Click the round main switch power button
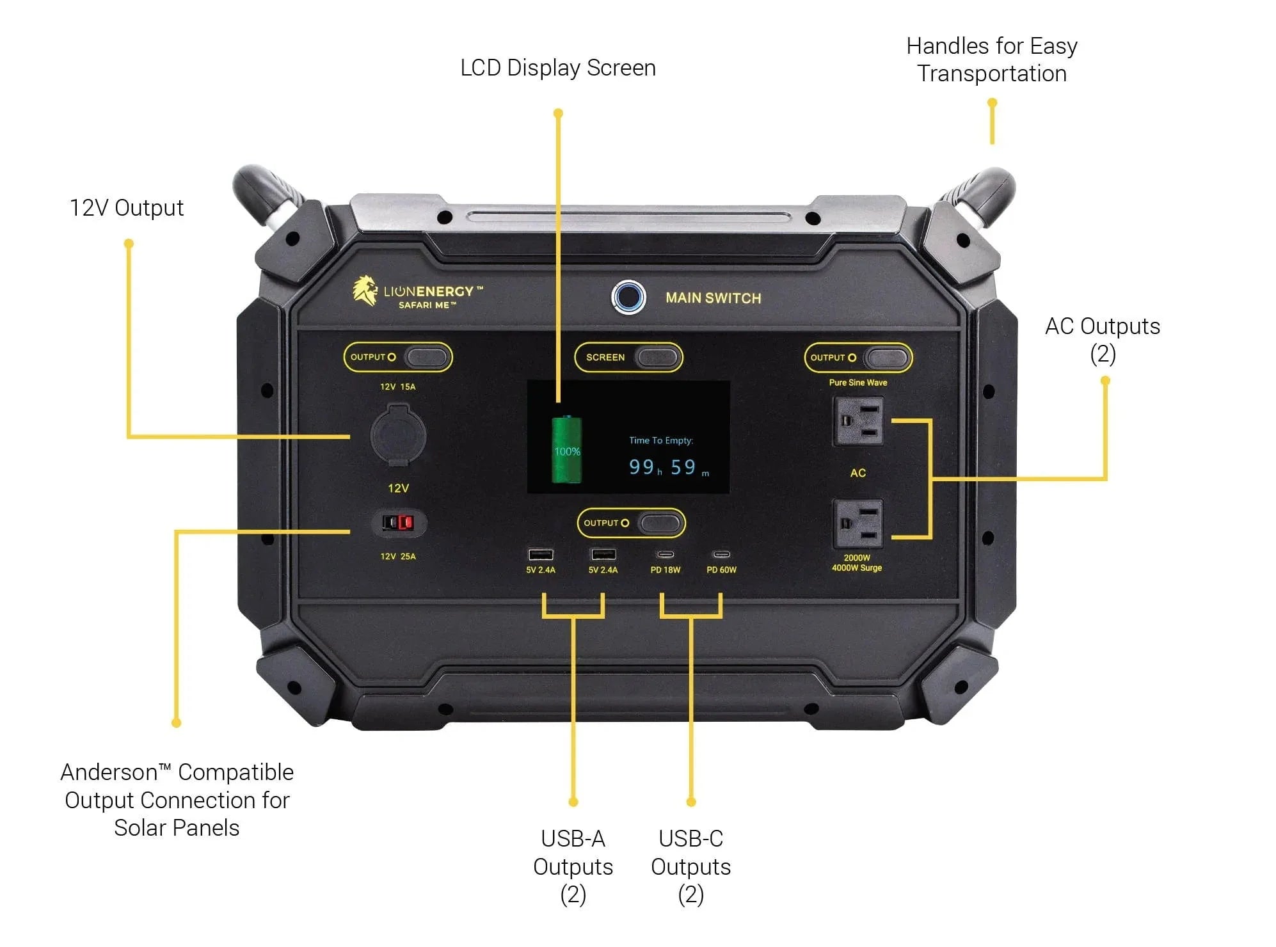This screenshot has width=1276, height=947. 628,297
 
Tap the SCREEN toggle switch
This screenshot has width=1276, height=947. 657,357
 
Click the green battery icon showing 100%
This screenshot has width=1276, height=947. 566,449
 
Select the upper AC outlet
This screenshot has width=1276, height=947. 857,421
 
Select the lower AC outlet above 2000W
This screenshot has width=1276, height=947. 857,523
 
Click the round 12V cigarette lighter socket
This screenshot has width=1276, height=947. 398,435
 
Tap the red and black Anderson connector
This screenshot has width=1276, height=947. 398,523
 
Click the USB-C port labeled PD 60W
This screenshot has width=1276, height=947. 721,554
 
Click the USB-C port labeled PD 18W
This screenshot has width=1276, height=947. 666,554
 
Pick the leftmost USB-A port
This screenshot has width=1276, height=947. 540,554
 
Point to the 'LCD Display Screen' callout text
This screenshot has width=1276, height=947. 557,68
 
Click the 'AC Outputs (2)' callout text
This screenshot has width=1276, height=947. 1102,339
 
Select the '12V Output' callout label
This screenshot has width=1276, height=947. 126,208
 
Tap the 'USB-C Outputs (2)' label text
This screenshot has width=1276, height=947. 690,866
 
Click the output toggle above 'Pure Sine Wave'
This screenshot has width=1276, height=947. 886,358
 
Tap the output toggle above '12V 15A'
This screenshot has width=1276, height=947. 426,357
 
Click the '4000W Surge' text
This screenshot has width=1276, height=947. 856,568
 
